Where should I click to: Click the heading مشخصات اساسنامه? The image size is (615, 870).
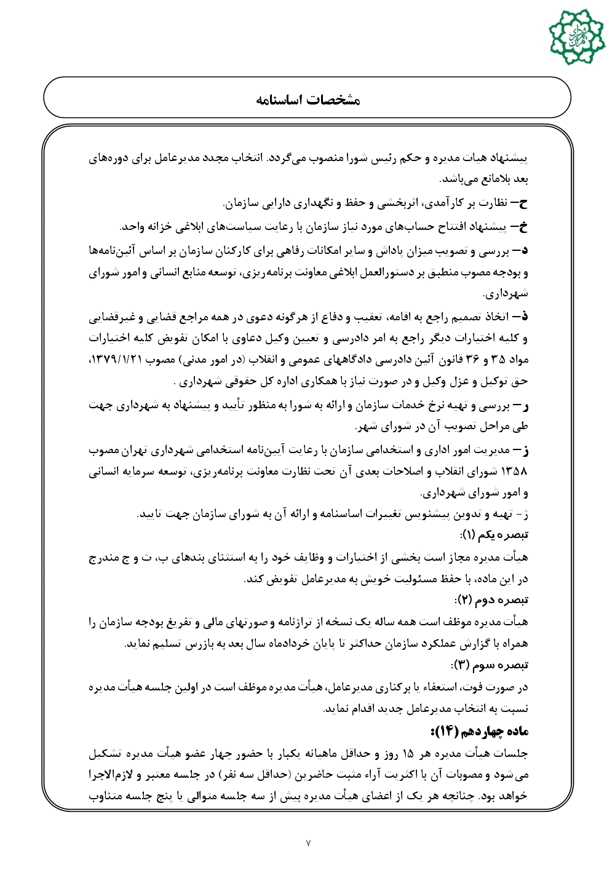click(307, 100)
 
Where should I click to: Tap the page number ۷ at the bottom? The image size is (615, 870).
click(308, 842)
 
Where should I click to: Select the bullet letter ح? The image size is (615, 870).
click(523, 202)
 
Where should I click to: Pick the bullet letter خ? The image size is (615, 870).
click(523, 227)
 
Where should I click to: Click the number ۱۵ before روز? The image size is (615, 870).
click(408, 754)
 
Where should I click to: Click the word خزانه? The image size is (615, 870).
click(173, 227)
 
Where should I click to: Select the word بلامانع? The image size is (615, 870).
click(490, 180)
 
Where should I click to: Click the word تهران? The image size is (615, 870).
click(135, 451)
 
